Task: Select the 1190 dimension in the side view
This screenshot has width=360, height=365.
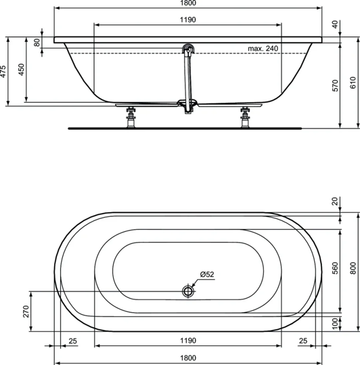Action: [x=188, y=20]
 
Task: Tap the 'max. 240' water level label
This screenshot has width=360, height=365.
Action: [x=263, y=49]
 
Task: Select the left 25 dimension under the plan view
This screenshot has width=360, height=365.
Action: [x=72, y=340]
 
